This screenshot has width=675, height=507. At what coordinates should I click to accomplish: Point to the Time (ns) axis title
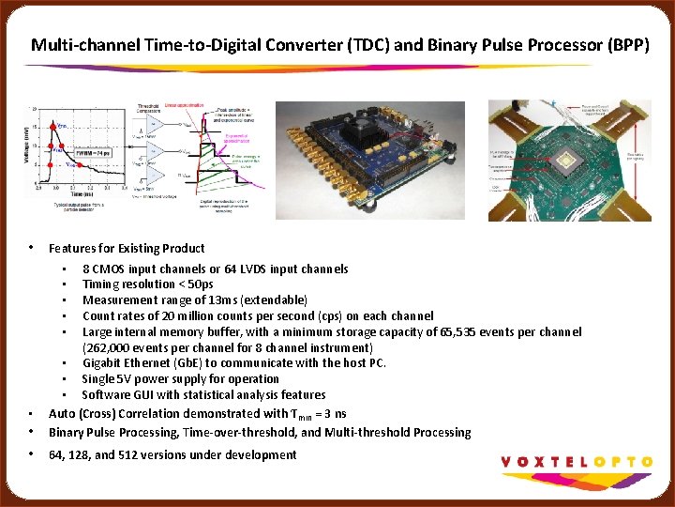pos(82,192)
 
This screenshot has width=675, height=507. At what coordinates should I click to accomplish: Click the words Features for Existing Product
pos(127,249)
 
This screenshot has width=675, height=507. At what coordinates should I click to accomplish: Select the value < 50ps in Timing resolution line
pos(197,284)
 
